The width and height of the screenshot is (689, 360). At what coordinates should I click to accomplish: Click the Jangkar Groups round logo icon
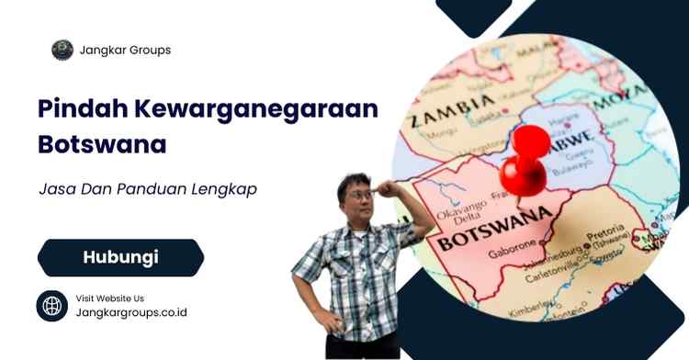coord(62,50)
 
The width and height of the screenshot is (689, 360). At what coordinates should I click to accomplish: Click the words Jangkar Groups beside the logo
coord(125,51)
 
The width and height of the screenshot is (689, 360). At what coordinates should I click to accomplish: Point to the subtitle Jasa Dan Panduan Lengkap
coord(148,189)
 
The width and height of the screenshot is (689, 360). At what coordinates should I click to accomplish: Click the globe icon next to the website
coord(51,305)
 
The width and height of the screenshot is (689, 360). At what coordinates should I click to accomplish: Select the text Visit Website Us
coord(109,298)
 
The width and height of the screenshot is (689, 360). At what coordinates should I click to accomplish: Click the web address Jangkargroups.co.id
coord(130,312)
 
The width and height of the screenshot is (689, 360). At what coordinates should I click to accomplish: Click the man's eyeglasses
coord(359,196)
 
